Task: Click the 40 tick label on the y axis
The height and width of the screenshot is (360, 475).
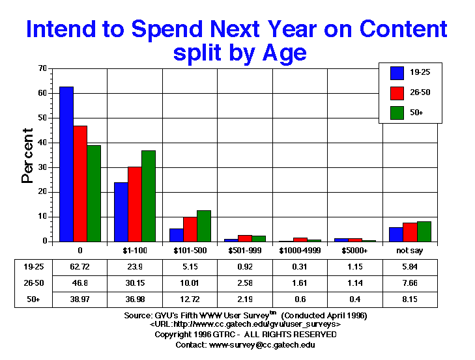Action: [42, 143]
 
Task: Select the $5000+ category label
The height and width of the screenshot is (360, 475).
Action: [354, 250]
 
